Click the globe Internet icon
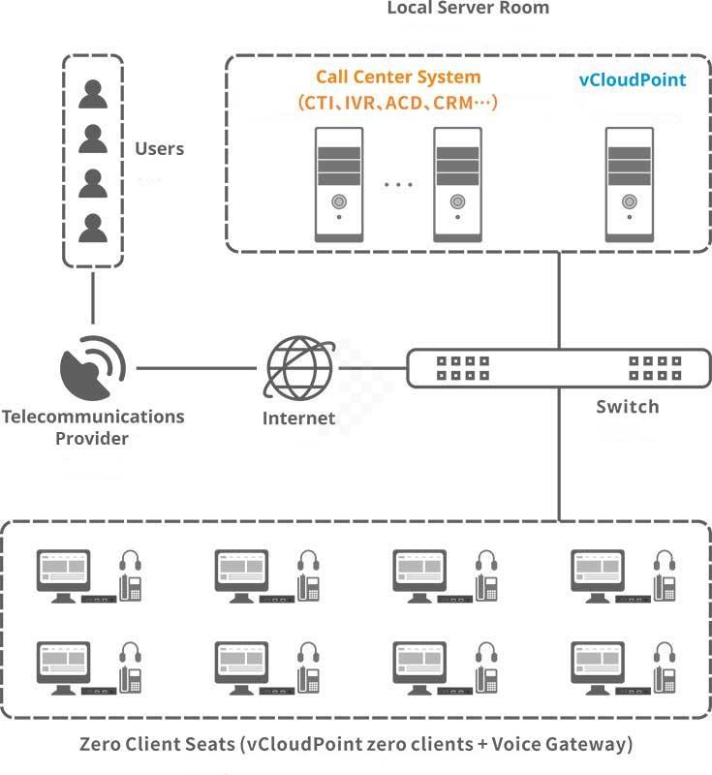299,369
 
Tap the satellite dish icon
93,369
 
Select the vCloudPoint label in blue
632,80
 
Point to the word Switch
627,407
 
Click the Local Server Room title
468,9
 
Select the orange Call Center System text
398,77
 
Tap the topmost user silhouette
93,94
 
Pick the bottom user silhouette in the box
93,228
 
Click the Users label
159,149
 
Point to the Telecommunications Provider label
93,427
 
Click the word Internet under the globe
298,419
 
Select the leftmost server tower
339,183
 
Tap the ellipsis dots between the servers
397,183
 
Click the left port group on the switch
462,368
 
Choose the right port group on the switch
654,368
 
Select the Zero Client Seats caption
356,745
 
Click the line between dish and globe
199,368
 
